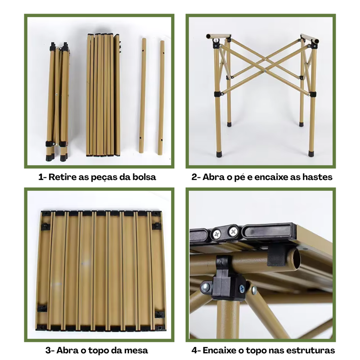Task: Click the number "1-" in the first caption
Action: [42, 177]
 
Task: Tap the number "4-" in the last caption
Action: [196, 351]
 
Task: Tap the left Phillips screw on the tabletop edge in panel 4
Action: [217, 234]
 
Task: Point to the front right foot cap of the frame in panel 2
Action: [311, 153]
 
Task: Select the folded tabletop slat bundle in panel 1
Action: [103, 95]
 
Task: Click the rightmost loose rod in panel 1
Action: [161, 98]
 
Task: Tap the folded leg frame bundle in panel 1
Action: [58, 102]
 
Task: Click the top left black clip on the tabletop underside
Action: [45, 226]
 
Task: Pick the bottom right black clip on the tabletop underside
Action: [160, 314]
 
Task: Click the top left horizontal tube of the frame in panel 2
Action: [218, 36]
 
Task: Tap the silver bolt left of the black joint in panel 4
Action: [205, 287]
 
